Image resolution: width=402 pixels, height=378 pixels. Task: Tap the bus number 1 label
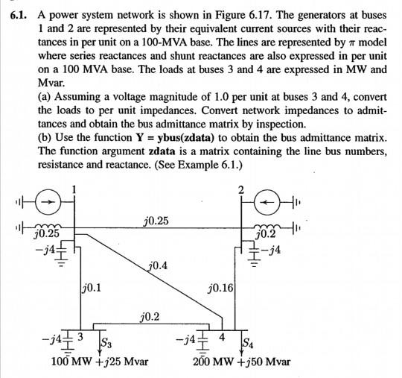tap(74, 189)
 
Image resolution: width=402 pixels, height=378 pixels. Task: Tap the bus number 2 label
tap(240, 189)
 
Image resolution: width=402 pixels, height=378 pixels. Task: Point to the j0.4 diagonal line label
tap(158, 265)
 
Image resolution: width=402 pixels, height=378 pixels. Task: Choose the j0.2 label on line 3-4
tap(150, 317)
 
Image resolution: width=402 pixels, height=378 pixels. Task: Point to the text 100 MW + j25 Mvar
tap(99, 362)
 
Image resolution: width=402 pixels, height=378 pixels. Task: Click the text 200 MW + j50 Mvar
tap(242, 362)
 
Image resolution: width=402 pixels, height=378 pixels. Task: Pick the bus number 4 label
tap(220, 337)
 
